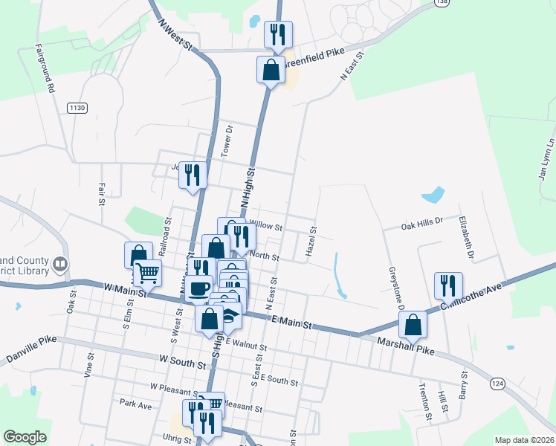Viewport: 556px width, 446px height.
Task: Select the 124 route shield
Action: (x=497, y=382)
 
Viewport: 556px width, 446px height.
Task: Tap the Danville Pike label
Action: (x=31, y=355)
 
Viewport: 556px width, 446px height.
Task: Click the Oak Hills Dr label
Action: (x=421, y=222)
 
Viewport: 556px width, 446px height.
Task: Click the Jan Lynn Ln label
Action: (x=546, y=158)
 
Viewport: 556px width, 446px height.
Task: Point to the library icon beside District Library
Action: (x=59, y=263)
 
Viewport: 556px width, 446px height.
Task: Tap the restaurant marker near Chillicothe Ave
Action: (x=448, y=285)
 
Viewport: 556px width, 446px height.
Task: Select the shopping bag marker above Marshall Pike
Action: (x=413, y=324)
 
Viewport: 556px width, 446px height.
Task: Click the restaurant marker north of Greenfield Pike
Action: (x=278, y=33)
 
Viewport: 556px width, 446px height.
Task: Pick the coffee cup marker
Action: (x=198, y=288)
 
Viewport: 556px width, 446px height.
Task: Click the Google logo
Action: (x=25, y=437)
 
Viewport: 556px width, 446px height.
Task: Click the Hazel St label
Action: (x=312, y=243)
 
